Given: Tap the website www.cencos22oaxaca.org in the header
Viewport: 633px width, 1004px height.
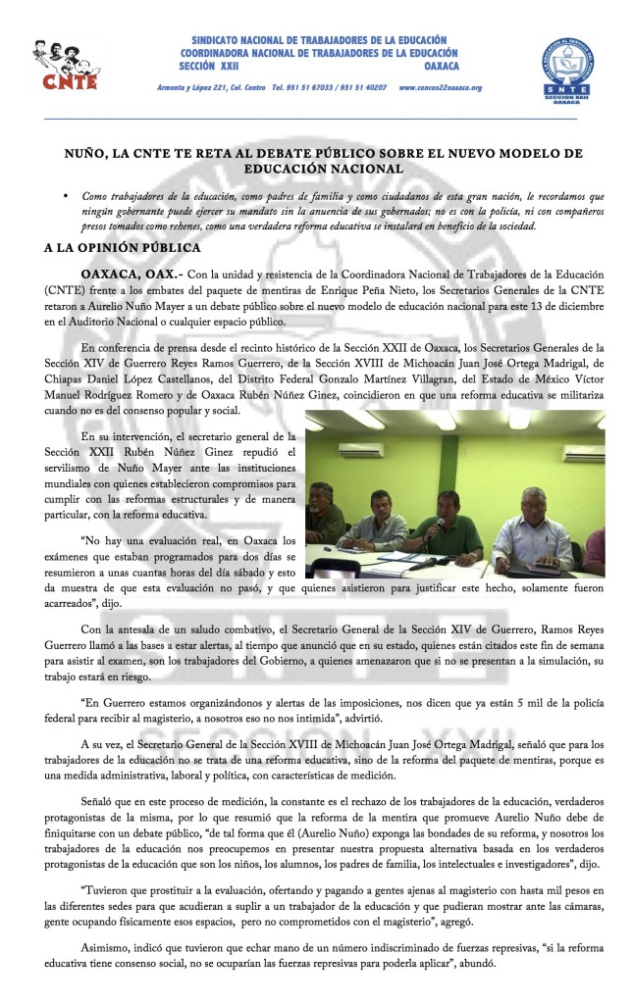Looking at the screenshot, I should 441,88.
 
